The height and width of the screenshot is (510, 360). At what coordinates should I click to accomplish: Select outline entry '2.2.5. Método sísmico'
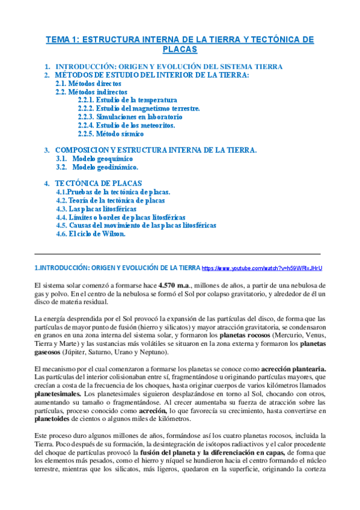(x=110, y=134)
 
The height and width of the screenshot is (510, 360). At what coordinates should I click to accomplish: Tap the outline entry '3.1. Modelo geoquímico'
(x=97, y=158)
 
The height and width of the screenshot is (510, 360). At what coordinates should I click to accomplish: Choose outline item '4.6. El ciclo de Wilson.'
(x=90, y=234)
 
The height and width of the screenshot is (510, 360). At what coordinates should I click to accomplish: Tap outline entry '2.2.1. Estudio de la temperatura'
(x=127, y=100)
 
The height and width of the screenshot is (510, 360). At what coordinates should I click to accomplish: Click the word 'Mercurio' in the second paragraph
(x=291, y=335)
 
